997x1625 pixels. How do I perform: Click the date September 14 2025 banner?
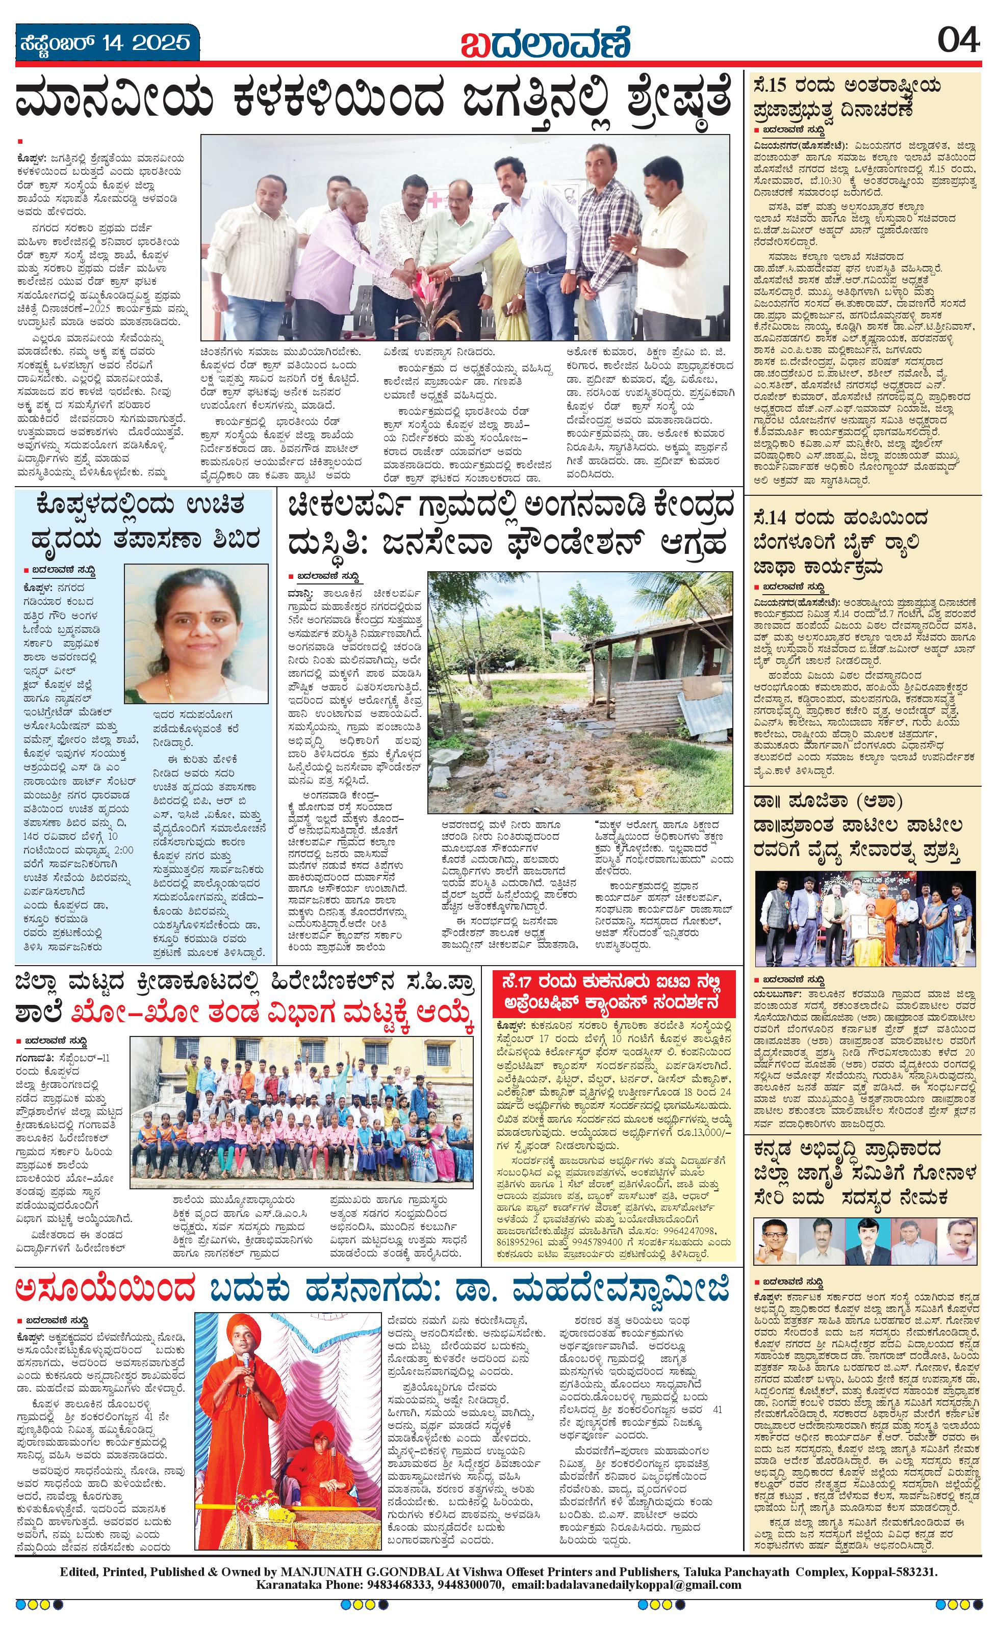(x=104, y=43)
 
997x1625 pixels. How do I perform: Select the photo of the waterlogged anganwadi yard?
(x=580, y=692)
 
